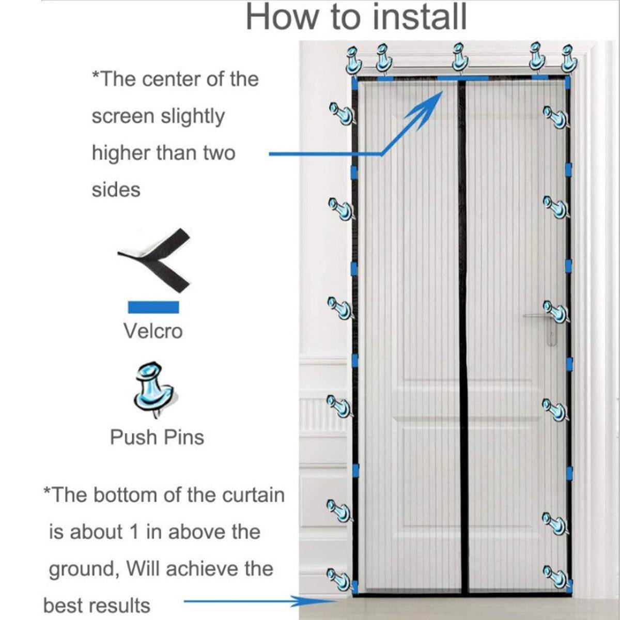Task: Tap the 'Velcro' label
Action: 153,331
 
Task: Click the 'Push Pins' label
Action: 157,437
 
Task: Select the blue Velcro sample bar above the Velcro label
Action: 153,307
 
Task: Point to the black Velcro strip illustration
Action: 154,260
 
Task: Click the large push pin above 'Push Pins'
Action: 155,390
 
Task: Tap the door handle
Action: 540,325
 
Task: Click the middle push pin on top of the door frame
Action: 460,58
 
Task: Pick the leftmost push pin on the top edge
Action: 353,60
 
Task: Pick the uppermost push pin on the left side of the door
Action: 342,113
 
